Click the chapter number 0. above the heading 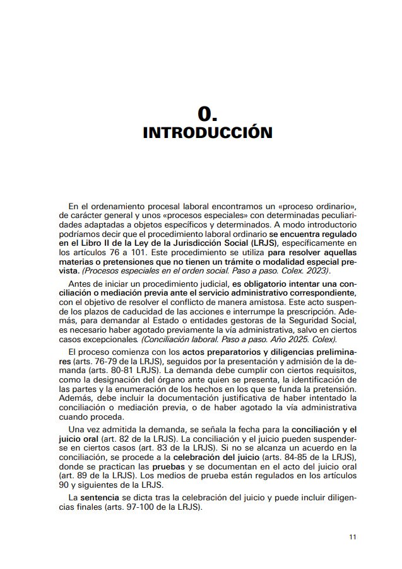(208, 113)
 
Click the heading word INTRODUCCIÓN (208, 133)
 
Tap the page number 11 (353, 537)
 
